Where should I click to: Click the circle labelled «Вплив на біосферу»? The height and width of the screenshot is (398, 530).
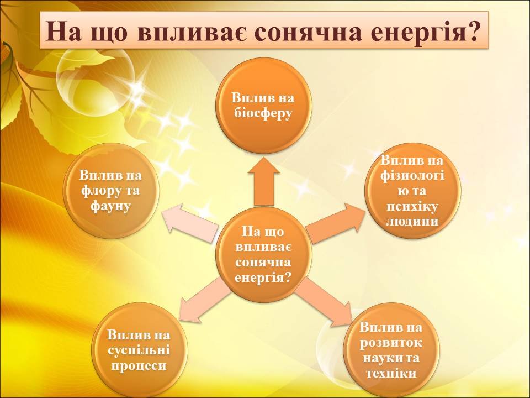tap(263, 106)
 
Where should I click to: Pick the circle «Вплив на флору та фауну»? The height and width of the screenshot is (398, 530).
tap(111, 191)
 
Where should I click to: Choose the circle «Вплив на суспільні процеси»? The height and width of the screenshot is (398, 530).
tap(139, 350)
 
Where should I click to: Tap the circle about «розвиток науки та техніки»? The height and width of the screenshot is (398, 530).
tap(391, 350)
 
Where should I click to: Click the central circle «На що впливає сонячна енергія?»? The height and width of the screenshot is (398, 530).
tap(263, 254)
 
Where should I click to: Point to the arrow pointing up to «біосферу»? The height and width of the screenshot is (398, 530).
tap(264, 181)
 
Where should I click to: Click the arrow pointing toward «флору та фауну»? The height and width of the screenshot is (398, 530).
tap(189, 222)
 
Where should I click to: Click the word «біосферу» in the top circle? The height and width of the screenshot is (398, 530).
tap(263, 113)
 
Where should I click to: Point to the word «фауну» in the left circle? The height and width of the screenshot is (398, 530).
tap(110, 206)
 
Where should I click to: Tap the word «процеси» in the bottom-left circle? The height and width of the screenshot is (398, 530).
tap(139, 365)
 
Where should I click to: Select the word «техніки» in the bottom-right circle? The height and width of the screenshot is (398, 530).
tap(391, 373)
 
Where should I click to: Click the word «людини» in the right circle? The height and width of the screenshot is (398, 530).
tap(412, 222)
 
